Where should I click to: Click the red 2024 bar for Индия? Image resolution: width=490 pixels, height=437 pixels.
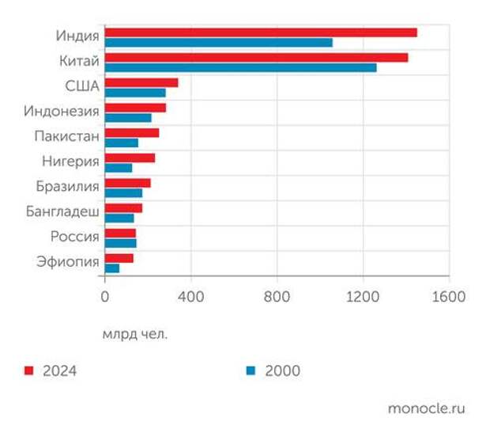(x=261, y=32)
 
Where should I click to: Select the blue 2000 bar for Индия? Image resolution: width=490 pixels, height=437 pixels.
(x=218, y=42)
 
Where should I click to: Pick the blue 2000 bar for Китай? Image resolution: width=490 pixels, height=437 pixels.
(x=240, y=67)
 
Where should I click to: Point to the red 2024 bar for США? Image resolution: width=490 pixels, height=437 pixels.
(x=141, y=82)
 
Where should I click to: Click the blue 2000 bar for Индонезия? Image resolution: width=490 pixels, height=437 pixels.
(x=128, y=117)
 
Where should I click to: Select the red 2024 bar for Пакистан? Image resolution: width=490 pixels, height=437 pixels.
(x=132, y=133)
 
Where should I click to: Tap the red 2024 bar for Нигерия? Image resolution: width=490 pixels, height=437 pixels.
(x=130, y=158)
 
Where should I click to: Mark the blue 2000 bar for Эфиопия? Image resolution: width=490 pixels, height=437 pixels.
(x=112, y=268)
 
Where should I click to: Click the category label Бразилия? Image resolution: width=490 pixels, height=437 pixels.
(x=67, y=187)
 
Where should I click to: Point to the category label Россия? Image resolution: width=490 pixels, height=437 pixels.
(x=74, y=237)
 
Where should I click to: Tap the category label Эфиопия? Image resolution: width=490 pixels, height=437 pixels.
(x=68, y=262)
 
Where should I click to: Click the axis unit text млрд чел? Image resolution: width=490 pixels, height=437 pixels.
(x=135, y=333)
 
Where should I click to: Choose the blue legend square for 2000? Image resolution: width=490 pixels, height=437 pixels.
(x=251, y=370)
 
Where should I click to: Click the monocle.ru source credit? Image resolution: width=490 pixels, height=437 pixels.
(x=427, y=408)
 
